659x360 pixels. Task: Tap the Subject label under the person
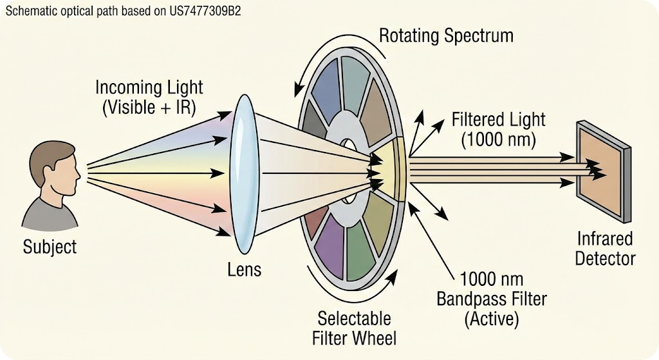pos(50,247)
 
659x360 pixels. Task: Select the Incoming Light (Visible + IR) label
pos(149,97)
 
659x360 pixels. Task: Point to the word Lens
pos(245,269)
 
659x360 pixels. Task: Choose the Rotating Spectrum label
pos(446,35)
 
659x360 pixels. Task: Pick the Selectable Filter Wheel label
pos(354,328)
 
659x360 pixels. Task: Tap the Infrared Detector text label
pos(604,249)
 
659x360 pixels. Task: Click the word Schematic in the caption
pos(29,12)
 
